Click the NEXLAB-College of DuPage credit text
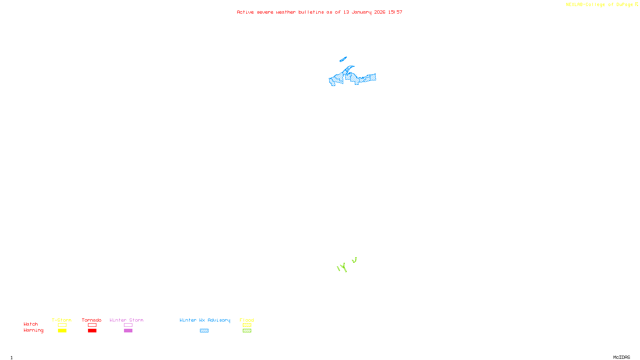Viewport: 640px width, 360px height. tap(602, 5)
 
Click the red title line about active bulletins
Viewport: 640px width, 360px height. tap(319, 12)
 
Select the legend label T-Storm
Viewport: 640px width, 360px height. tap(62, 320)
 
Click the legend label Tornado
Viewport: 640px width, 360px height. tap(92, 320)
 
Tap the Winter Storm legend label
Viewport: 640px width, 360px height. tap(126, 320)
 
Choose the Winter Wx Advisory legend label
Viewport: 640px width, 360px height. tap(205, 320)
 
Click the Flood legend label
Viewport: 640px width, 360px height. tap(247, 320)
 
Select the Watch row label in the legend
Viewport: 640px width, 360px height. tap(31, 324)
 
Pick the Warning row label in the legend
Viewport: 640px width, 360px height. tap(33, 330)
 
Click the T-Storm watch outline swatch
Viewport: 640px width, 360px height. tap(62, 325)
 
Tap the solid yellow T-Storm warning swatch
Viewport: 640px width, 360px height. tap(62, 331)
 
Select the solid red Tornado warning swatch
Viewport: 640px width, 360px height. tap(92, 331)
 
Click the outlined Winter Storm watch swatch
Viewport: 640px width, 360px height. tap(128, 325)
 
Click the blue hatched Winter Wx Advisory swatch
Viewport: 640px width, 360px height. tap(204, 331)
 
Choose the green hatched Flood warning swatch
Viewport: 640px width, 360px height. tap(247, 331)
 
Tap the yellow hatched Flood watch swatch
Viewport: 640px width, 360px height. tap(247, 325)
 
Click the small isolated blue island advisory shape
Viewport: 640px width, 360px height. tap(343, 60)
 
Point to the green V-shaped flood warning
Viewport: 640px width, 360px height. tap(354, 261)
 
